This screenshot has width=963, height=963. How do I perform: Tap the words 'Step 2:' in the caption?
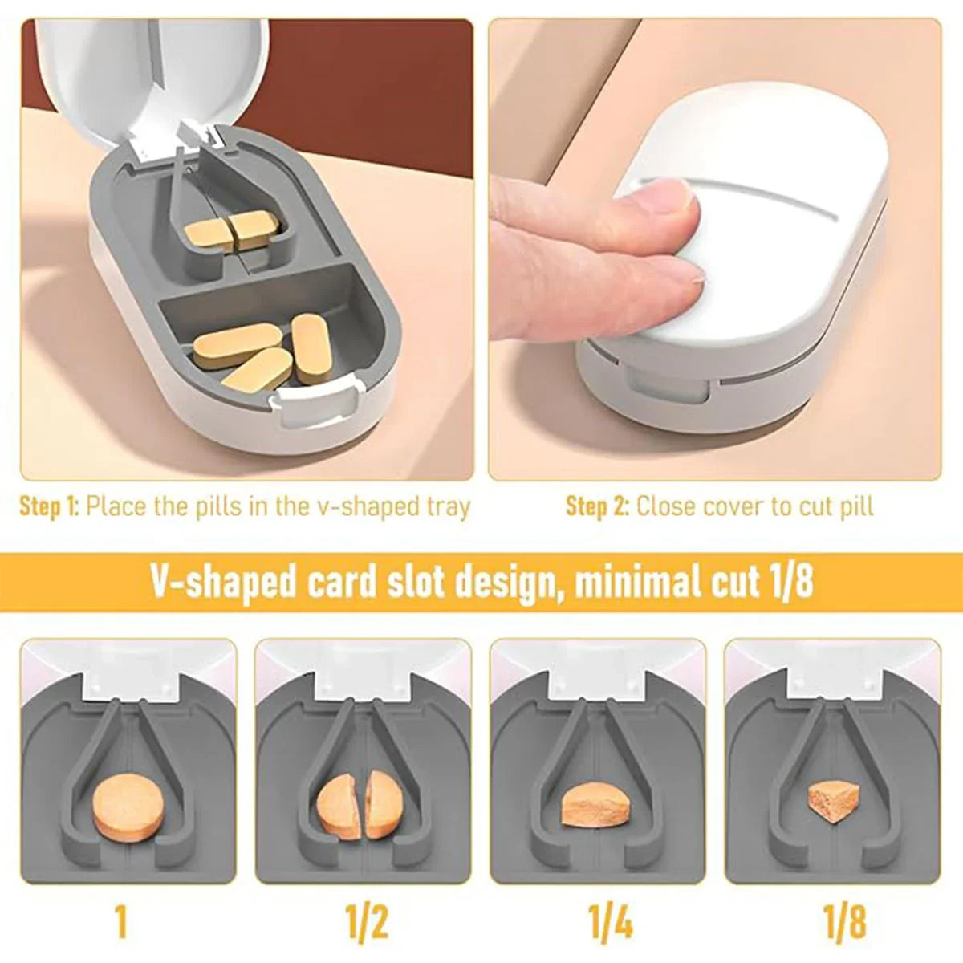pos(596,506)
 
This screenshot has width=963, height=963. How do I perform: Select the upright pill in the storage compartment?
pos(311,343)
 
